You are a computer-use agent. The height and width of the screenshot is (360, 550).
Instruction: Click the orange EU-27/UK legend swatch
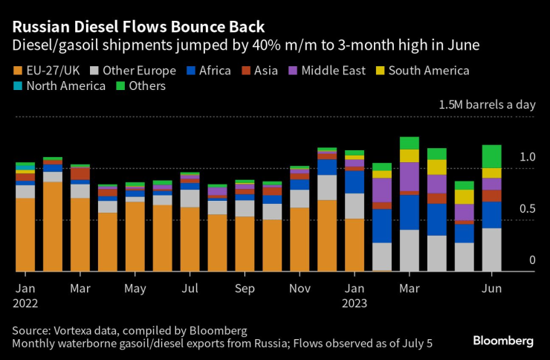(19, 71)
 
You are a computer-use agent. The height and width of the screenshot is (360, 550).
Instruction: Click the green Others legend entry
(142, 86)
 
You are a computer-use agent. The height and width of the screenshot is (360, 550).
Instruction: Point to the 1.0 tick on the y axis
(528, 158)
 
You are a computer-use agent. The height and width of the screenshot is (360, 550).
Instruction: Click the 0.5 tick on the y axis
(528, 209)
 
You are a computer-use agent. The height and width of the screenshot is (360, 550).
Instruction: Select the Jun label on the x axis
(492, 289)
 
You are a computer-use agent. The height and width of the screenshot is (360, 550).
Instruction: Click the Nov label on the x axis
(300, 289)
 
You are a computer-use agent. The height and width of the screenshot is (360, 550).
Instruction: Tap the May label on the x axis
(135, 289)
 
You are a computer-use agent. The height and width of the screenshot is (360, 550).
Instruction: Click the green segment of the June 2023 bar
(492, 156)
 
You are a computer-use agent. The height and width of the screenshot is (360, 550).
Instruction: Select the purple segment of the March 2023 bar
(410, 176)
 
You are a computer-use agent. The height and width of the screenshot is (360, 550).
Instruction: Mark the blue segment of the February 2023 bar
(382, 225)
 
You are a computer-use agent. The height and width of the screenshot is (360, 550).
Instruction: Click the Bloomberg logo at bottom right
(503, 341)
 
